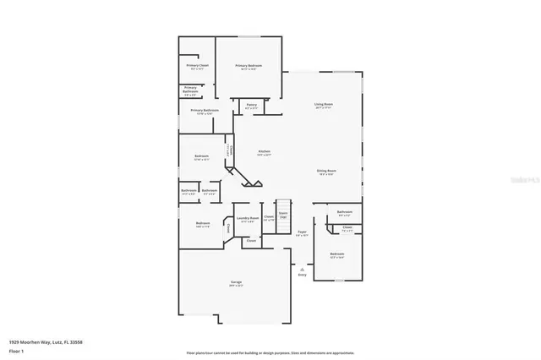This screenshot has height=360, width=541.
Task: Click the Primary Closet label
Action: coord(197,65)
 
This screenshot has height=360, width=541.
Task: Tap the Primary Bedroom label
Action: coord(248,66)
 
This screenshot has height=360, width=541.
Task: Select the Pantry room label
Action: coord(251,105)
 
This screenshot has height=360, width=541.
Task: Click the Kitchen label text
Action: coord(263,151)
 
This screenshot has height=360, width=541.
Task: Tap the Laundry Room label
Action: coord(248,218)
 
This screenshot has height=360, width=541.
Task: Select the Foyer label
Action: coord(301,231)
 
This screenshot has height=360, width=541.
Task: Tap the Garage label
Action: coord(236,282)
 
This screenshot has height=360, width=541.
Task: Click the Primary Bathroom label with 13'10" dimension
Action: coord(205,111)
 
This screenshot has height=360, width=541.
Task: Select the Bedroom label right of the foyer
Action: coord(336,254)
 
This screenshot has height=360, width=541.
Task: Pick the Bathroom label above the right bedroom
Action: coord(344,212)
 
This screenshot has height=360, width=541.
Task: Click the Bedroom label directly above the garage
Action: coord(203,224)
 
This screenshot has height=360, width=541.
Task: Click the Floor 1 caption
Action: coord(16,349)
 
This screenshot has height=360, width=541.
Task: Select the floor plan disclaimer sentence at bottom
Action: coord(270,352)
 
